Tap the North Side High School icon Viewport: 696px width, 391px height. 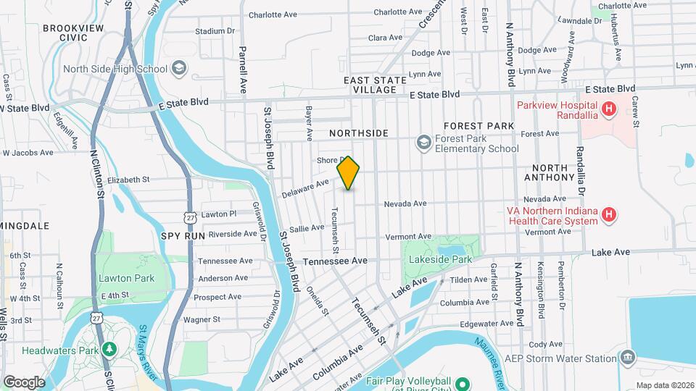pyautogui.click(x=178, y=69)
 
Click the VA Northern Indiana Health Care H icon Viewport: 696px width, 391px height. pyautogui.click(x=610, y=215)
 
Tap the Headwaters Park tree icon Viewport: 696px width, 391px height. pyautogui.click(x=109, y=350)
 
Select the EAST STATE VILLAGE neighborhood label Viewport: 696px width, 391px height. pyautogui.click(x=370, y=85)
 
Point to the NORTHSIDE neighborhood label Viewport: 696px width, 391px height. pyautogui.click(x=358, y=133)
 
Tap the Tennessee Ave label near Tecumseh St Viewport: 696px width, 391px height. pyautogui.click(x=336, y=261)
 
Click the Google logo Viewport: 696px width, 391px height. pyautogui.click(x=24, y=382)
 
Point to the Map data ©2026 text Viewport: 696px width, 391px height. pyautogui.click(x=665, y=385)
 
